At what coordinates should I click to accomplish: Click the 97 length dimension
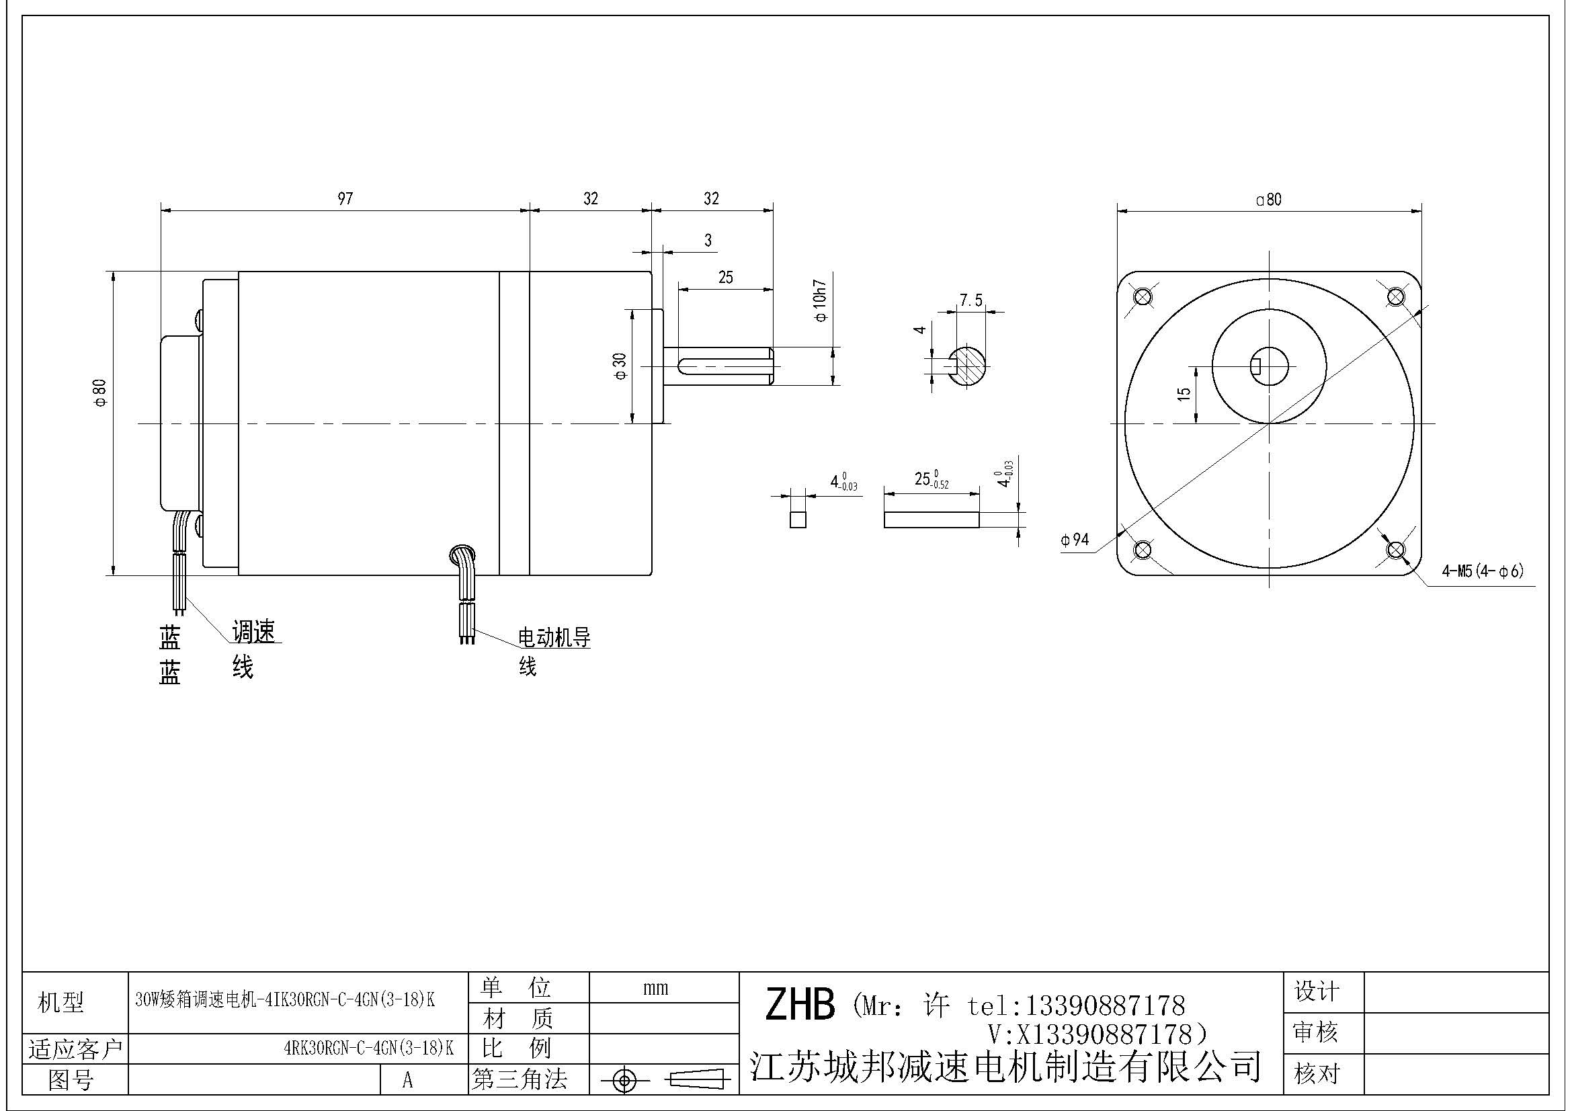345,198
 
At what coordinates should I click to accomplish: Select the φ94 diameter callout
1075,540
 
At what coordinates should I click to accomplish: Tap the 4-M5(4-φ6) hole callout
1483,571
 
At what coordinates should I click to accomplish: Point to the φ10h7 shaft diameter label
820,300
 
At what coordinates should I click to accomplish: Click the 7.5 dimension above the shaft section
970,300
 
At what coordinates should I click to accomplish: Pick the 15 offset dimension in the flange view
1184,394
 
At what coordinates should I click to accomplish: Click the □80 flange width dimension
1269,200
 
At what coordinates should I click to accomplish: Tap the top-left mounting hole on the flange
1142,296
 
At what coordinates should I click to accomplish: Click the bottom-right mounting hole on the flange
1395,549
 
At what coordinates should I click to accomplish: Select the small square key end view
798,519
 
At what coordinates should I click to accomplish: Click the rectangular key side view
931,520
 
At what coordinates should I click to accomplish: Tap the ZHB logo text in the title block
800,1005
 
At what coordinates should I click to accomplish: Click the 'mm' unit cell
655,988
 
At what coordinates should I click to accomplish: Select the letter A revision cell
407,1080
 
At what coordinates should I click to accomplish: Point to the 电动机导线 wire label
554,639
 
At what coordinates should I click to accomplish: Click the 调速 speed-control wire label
253,632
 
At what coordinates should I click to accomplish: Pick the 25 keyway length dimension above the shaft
725,277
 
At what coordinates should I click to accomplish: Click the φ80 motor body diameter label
101,393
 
